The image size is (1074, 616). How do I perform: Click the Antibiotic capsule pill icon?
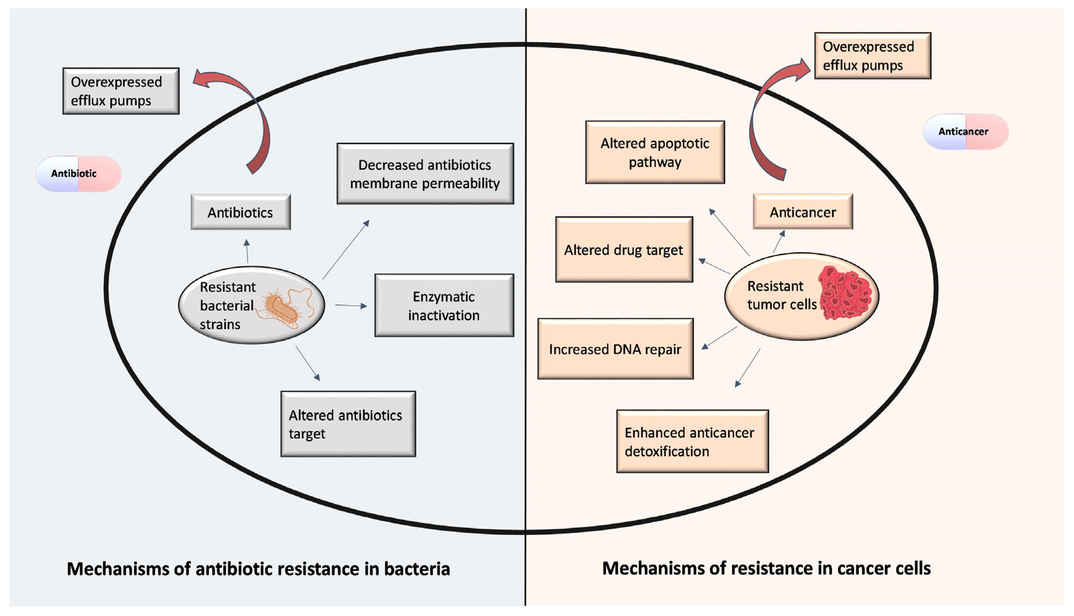(x=78, y=174)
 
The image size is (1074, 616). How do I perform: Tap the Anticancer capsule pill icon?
(x=966, y=132)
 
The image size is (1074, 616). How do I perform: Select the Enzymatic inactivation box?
(x=444, y=306)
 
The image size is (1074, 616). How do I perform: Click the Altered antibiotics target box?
(x=348, y=424)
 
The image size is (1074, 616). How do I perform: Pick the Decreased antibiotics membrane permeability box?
(x=425, y=174)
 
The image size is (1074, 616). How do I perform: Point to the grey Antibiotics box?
(x=240, y=212)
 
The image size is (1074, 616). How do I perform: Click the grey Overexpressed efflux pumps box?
(x=121, y=91)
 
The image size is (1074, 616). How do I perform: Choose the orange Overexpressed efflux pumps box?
(x=873, y=56)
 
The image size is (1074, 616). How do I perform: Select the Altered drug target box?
(x=624, y=250)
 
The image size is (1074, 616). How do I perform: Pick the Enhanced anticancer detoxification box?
(x=692, y=441)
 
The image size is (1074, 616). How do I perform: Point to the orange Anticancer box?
(x=803, y=212)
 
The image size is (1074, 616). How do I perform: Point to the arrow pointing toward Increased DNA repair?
(x=720, y=338)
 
